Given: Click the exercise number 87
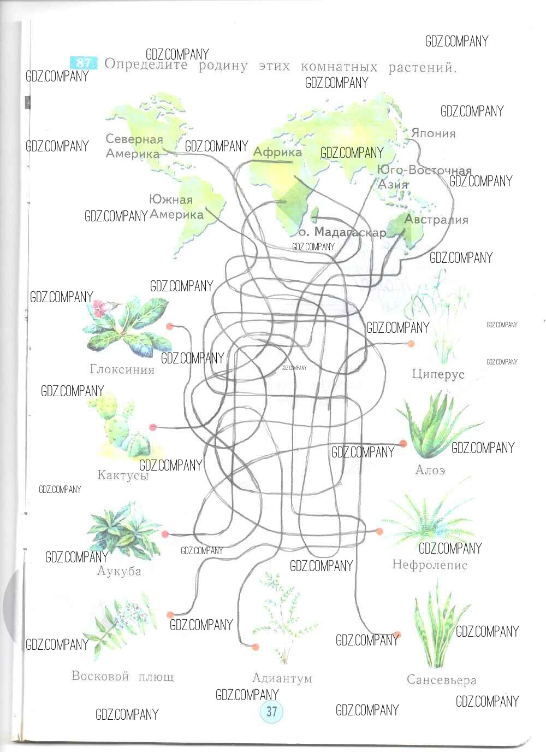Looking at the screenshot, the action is click(84, 63).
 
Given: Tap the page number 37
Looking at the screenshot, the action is click(271, 711).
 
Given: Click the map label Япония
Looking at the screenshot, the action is click(434, 133).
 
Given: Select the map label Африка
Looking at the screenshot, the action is click(277, 152).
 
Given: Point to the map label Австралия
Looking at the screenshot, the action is click(436, 219).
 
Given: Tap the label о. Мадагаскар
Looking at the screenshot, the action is click(342, 232).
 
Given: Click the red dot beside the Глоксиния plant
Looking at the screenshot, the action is click(170, 326).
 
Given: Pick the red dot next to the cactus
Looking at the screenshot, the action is click(153, 427).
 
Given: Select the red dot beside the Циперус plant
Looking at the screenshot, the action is click(411, 343).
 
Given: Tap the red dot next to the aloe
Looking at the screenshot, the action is click(403, 443).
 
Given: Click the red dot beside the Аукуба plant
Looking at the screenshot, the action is click(165, 534).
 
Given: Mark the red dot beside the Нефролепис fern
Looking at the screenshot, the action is click(379, 531).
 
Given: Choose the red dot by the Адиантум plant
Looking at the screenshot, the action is click(255, 647).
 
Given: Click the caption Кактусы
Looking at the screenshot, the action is click(123, 475).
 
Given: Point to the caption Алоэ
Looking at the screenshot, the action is click(430, 470).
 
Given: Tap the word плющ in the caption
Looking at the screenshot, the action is click(156, 675).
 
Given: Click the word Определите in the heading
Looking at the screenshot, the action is click(146, 64).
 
